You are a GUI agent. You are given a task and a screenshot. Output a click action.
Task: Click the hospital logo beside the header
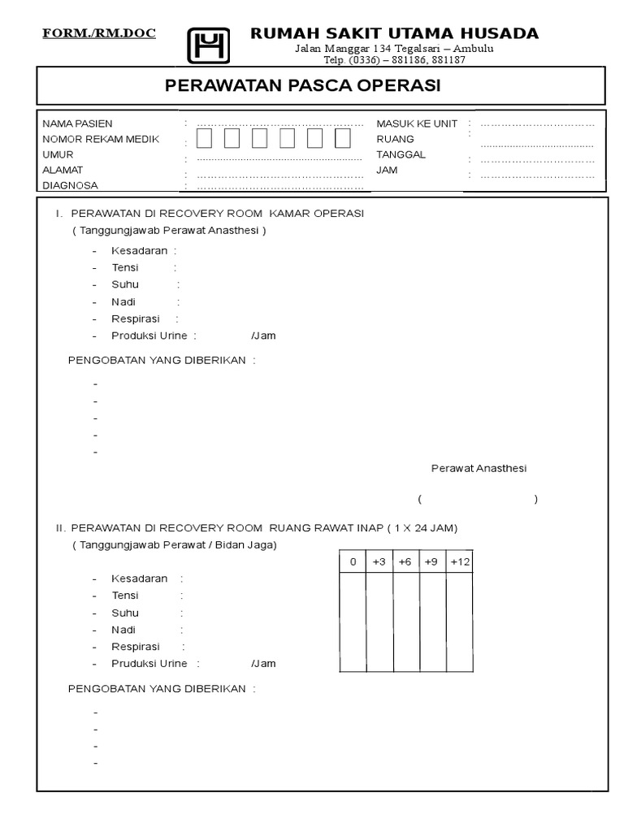[x=209, y=45]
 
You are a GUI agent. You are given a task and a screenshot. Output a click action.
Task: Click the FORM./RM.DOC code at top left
[x=99, y=33]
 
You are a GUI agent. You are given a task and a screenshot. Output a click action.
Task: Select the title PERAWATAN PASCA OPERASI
[x=303, y=86]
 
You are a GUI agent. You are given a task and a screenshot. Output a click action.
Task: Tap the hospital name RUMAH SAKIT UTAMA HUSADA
[x=394, y=33]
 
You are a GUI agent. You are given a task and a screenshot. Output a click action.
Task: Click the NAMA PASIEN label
[x=77, y=123]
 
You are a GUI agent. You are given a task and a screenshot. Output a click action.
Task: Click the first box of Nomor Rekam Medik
[x=204, y=139]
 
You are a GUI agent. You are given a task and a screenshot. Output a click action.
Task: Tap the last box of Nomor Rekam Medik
[x=343, y=139]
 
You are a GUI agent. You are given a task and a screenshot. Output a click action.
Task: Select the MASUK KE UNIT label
[x=417, y=123]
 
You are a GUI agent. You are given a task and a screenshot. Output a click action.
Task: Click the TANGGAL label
[x=401, y=154]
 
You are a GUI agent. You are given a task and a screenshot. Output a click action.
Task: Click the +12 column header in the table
[x=460, y=562]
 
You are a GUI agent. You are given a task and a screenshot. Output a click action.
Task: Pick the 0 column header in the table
[x=353, y=562]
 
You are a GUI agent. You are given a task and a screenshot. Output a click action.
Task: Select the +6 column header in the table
[x=405, y=562]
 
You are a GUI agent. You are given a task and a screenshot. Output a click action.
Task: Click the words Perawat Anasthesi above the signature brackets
[x=479, y=469]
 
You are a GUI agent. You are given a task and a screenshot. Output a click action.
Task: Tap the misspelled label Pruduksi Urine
[x=149, y=664]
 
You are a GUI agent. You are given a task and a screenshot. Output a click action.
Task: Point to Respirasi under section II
[x=136, y=647]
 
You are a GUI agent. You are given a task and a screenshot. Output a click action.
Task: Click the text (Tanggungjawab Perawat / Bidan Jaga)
[x=174, y=545]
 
